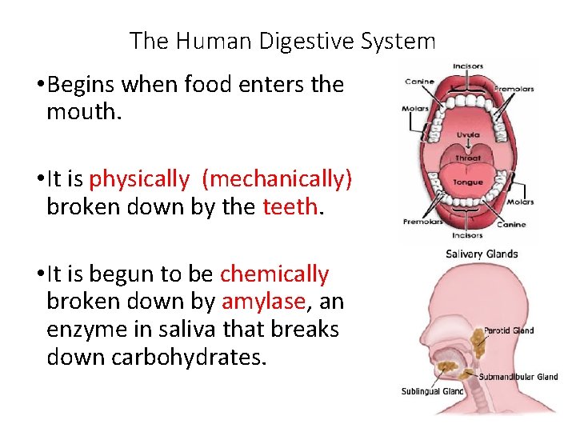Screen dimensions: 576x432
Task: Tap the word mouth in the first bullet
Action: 84,111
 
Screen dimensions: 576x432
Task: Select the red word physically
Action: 139,179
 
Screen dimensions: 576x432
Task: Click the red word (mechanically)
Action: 277,179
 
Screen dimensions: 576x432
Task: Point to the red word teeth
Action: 290,206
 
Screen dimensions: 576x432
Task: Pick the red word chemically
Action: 274,274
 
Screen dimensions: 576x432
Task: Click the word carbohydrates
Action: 155,356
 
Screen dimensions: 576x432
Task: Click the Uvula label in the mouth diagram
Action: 468,135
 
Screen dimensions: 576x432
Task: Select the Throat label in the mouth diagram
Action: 468,158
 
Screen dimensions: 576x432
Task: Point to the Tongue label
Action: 468,182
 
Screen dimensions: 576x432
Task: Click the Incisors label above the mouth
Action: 468,66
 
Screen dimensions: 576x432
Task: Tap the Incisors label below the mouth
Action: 468,235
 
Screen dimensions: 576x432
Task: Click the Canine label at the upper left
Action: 420,80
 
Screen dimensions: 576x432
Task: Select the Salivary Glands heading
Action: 482,254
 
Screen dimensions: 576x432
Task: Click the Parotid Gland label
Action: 508,330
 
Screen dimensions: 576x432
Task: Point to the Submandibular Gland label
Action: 518,376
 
